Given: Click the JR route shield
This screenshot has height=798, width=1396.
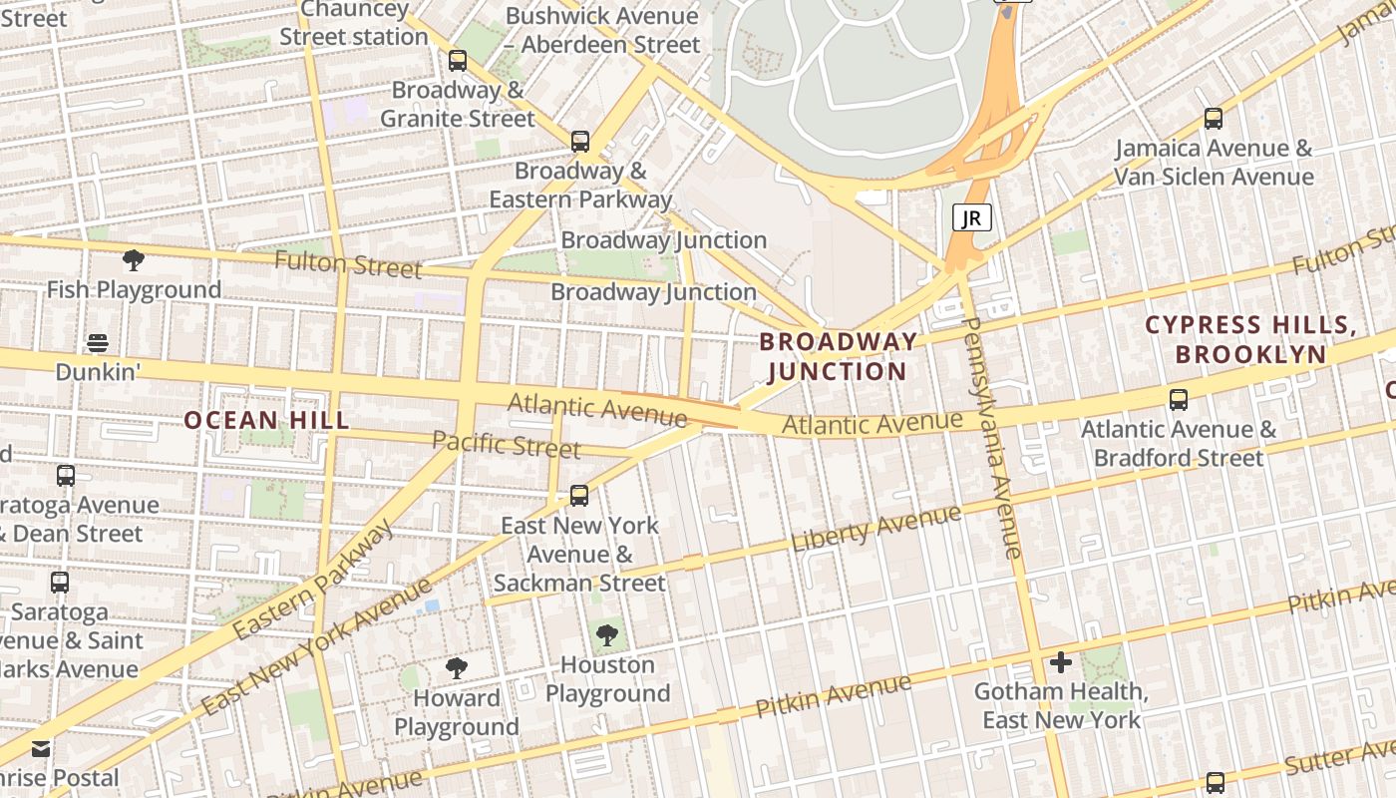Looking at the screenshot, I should (x=972, y=217).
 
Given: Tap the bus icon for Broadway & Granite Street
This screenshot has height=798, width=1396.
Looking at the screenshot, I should (x=458, y=61).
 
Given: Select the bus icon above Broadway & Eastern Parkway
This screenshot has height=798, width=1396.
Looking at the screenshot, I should (x=580, y=142).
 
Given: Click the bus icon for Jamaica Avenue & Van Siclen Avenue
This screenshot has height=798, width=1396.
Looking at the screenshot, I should (x=1214, y=119).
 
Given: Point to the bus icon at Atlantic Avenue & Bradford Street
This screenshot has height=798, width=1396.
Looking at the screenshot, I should (x=1179, y=400).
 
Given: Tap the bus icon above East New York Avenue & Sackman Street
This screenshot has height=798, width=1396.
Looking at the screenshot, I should (x=579, y=495).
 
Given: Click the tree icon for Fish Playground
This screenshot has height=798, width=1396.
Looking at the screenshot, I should (x=134, y=261).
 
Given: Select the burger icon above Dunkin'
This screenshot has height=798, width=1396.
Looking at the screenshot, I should (x=97, y=343).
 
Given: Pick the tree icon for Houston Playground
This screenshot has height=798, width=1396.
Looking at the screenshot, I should (x=606, y=635).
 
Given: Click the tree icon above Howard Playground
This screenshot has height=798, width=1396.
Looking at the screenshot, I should (x=457, y=668).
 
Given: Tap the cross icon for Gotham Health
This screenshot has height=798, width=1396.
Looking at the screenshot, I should (x=1061, y=662).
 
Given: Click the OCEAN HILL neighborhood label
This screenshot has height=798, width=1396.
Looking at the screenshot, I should (x=267, y=420).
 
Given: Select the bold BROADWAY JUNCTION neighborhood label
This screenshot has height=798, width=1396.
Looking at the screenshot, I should (x=838, y=356).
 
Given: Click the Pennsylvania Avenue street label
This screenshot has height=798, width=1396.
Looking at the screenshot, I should (x=991, y=439).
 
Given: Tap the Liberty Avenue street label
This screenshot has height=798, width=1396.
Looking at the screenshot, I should (x=876, y=529).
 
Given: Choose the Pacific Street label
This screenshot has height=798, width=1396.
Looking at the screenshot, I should (x=507, y=444).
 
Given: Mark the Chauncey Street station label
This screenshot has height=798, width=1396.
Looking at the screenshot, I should (x=353, y=24).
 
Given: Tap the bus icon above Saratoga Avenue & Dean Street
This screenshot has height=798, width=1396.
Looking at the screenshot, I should (x=66, y=476).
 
